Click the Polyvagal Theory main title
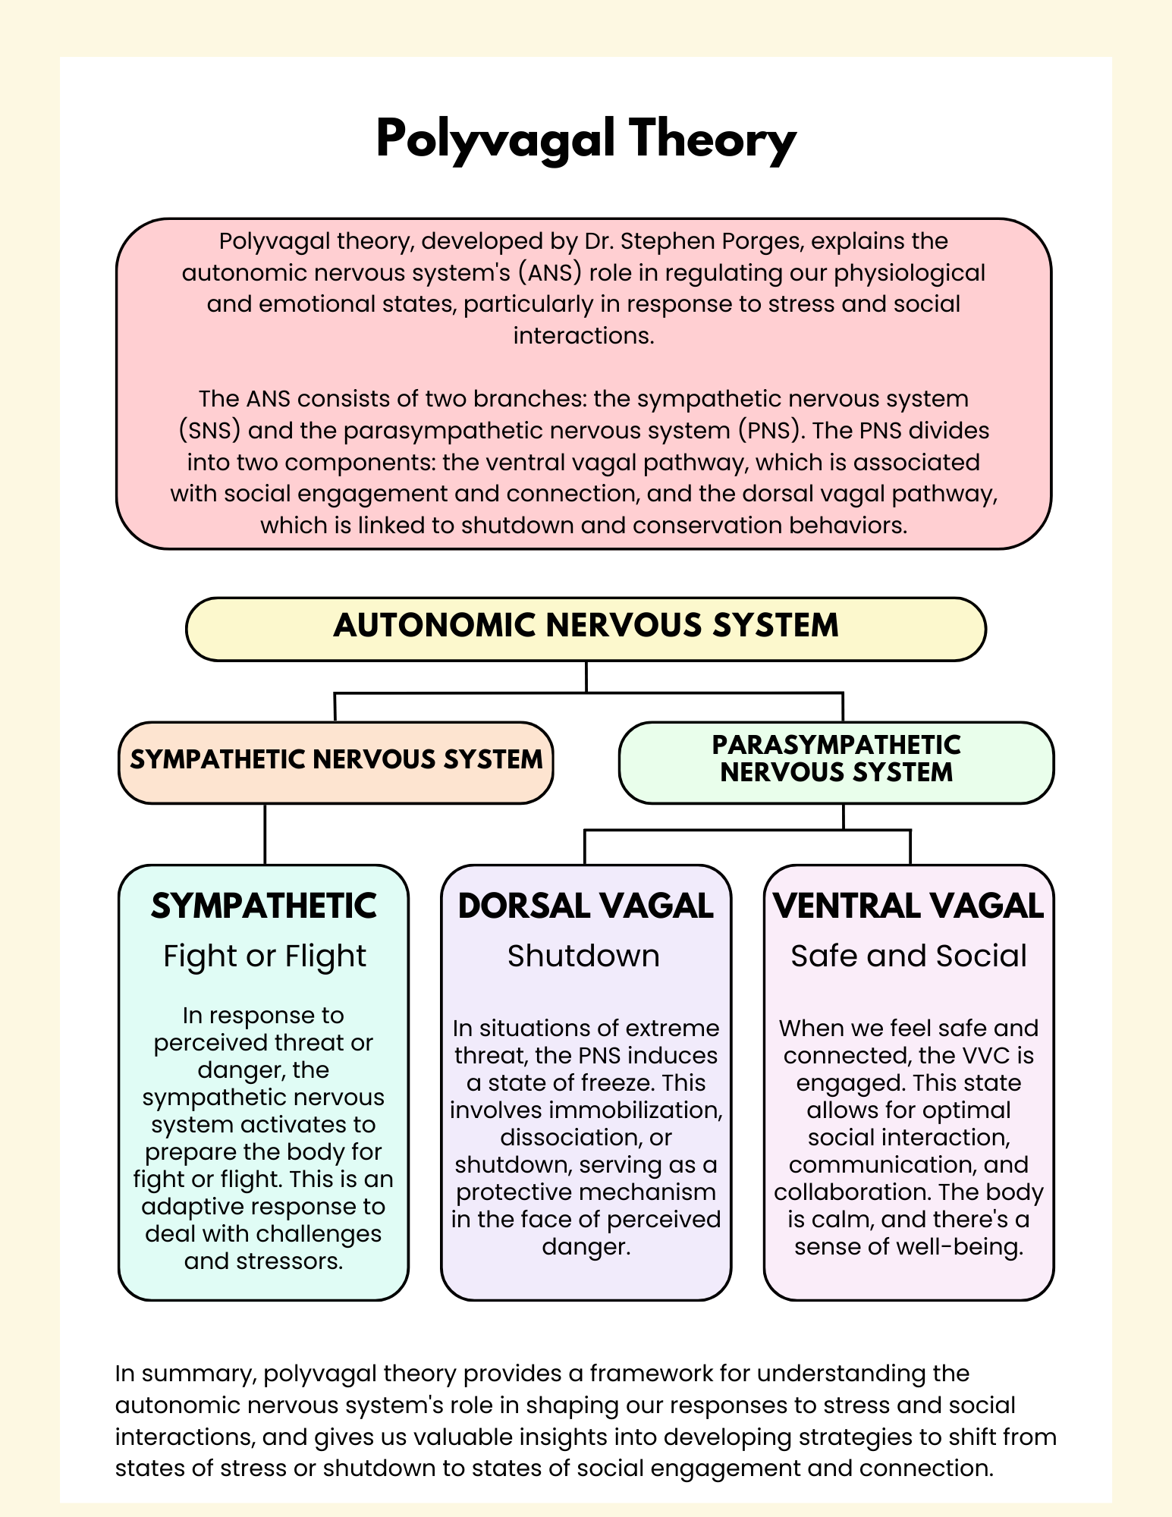click(x=586, y=140)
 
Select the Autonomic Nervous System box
click(x=586, y=628)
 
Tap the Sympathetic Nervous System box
click(x=336, y=762)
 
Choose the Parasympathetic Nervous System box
click(x=836, y=762)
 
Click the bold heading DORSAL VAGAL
click(x=586, y=906)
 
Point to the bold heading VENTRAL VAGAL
click(x=908, y=906)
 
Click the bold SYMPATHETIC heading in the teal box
click(x=264, y=906)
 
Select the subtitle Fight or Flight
click(x=264, y=956)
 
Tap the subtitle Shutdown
click(x=583, y=956)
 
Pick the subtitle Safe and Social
click(x=908, y=956)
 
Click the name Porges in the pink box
click(x=764, y=241)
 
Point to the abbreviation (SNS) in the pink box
click(x=209, y=431)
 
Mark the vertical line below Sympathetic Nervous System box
click(x=265, y=834)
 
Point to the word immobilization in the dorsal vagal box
click(x=634, y=1110)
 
